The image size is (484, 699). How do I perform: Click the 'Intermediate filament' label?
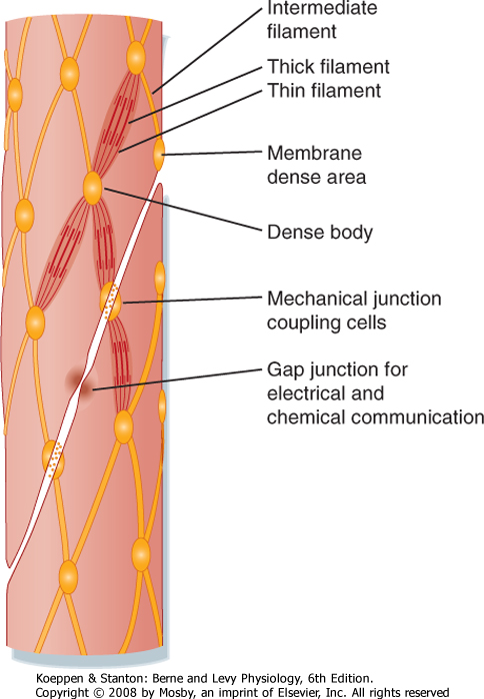coord(322,20)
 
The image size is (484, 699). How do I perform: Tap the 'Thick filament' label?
coord(328,67)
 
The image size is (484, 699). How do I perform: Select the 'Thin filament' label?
coord(324,91)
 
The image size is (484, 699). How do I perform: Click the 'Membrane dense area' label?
coord(317,165)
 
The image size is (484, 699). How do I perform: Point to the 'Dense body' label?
coord(320,233)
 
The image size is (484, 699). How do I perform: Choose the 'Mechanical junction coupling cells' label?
coord(354,311)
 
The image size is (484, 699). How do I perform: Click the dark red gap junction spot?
coord(82,382)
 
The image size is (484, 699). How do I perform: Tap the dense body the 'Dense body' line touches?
coord(93,188)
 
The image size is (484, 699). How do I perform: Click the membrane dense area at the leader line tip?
coord(159,154)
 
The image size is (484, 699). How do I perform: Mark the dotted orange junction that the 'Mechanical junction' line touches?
coord(110,301)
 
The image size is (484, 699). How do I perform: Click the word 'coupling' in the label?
coord(296,323)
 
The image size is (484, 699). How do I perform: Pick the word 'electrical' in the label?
coord(302,393)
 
